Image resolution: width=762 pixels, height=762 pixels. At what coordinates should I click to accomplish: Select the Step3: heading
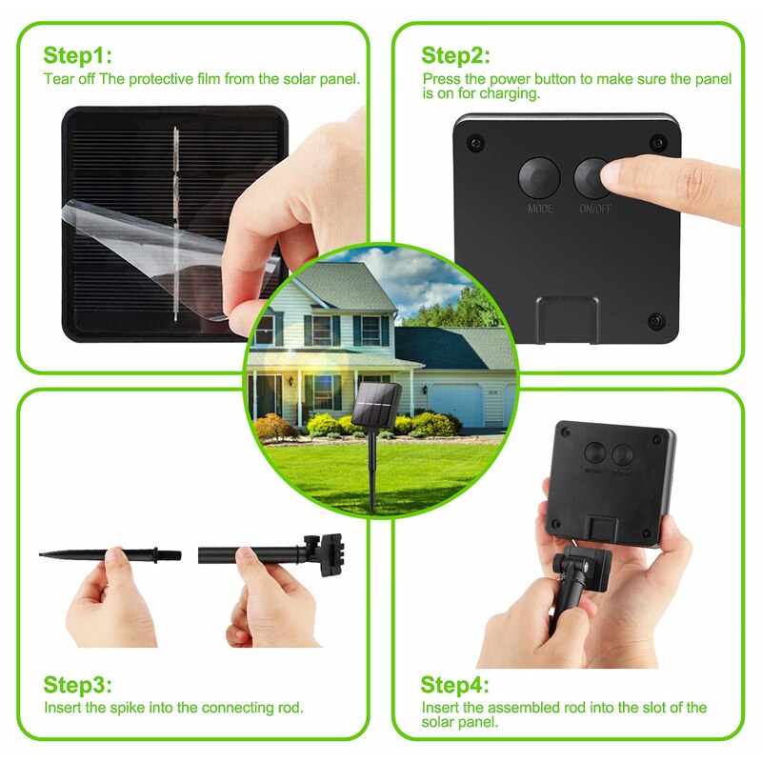click(x=78, y=685)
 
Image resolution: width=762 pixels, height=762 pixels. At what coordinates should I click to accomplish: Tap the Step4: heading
click(x=455, y=685)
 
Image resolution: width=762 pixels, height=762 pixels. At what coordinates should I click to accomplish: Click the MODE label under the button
click(x=540, y=208)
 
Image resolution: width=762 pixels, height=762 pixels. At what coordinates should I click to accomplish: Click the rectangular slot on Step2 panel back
click(x=567, y=317)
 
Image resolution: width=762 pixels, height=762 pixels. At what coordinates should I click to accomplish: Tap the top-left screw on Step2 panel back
click(x=473, y=143)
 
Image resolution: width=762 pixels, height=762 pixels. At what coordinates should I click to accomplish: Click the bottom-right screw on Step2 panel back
click(x=654, y=319)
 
